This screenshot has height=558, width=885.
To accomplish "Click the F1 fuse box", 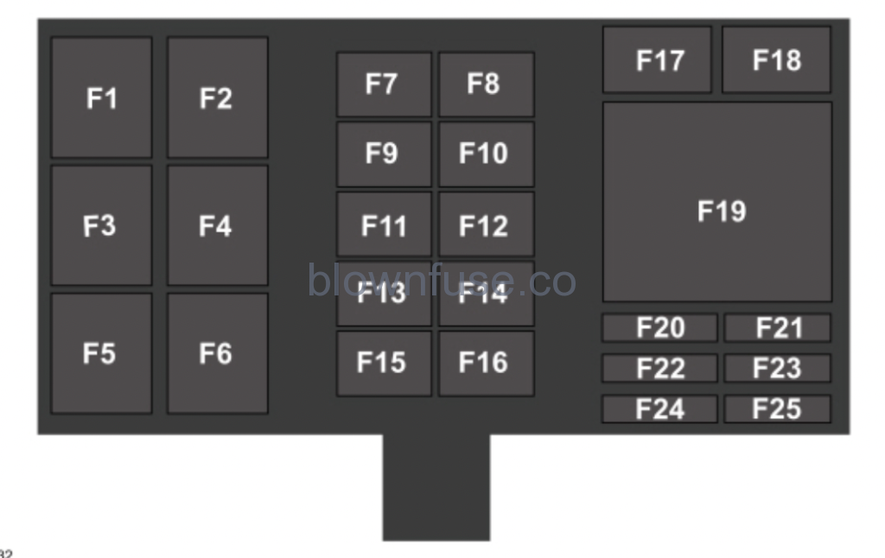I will point(101,98).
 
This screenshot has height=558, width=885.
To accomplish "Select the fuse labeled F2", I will point(217,98).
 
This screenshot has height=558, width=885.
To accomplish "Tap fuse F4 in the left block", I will point(217,225).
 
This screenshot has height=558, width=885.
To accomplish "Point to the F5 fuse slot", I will point(101,353).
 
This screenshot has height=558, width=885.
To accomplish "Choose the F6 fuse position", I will point(217,353).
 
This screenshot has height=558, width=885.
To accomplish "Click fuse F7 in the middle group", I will point(384,84).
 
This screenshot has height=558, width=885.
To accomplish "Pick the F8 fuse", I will point(486,84).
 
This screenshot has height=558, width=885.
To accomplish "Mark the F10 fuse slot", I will point(486,154).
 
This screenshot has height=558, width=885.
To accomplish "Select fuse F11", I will point(384,225).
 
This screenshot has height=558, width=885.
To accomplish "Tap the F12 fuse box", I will point(486,225).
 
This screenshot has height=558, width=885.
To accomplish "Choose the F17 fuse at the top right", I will point(658,60).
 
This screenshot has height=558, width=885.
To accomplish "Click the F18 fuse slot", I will point(776,60).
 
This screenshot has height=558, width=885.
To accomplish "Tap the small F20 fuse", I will point(659,328).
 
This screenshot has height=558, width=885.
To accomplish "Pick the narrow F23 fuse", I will point(777,368).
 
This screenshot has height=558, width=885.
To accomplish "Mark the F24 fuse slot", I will point(659,409).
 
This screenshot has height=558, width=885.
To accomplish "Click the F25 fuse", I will point(777,409).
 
